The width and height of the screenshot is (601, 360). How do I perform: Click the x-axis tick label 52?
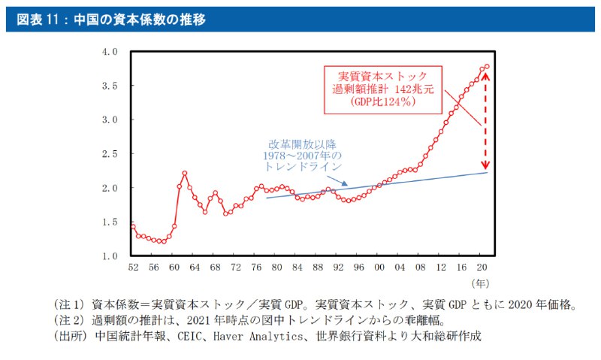pyautogui.click(x=133, y=268)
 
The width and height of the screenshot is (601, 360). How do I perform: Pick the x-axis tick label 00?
pyautogui.click(x=379, y=268)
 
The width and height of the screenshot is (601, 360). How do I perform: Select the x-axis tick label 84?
pyautogui.click(x=297, y=268)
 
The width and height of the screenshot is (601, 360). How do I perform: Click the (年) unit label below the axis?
pyautogui.click(x=481, y=284)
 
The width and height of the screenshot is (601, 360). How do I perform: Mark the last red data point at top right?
pyautogui.click(x=487, y=67)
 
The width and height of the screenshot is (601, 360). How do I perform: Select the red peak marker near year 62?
pyautogui.click(x=184, y=174)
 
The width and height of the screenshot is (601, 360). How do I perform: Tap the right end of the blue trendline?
pyautogui.click(x=487, y=173)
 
